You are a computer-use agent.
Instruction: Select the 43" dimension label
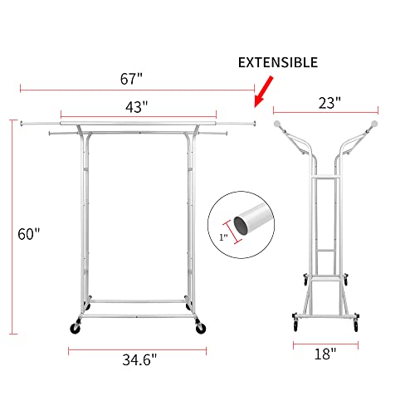click(137, 106)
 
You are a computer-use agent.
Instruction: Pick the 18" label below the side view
click(325, 354)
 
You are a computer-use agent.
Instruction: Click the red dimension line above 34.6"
click(138, 349)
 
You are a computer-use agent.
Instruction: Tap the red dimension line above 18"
click(325, 342)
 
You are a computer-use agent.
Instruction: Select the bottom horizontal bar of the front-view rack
click(138, 300)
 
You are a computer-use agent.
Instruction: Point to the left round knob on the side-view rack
click(280, 122)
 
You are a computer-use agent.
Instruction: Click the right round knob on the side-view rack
click(373, 122)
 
